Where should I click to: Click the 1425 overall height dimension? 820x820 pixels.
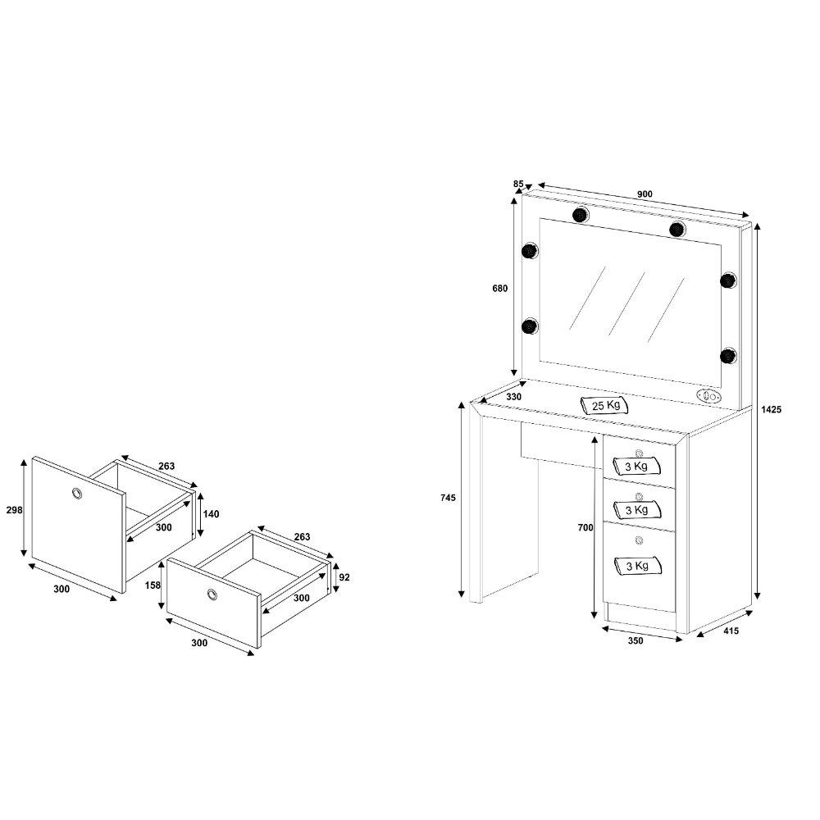click(771, 409)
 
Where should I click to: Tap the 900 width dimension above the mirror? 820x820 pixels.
click(645, 194)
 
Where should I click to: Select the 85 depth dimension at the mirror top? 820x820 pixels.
click(518, 184)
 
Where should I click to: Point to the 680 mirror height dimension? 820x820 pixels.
click(500, 288)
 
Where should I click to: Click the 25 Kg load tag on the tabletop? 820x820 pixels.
click(604, 405)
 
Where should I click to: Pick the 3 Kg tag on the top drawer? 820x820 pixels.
click(636, 466)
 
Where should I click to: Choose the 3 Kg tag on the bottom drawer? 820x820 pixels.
click(637, 565)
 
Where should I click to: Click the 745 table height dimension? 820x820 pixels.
click(448, 498)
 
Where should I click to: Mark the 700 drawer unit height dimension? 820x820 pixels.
click(585, 527)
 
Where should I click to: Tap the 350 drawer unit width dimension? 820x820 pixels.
click(635, 640)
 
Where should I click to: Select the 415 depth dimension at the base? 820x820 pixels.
click(731, 631)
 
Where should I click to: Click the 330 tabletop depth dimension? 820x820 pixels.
click(513, 397)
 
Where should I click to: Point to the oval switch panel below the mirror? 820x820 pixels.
click(709, 396)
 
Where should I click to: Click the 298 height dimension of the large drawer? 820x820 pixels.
click(14, 509)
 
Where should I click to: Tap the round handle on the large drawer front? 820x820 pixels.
click(77, 493)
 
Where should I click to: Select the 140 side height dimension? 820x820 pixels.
click(211, 514)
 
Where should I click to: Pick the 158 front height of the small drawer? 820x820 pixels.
click(153, 585)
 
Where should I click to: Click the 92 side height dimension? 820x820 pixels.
click(344, 577)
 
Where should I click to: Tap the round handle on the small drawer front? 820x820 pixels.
click(212, 594)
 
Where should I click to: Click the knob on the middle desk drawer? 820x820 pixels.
click(639, 496)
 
